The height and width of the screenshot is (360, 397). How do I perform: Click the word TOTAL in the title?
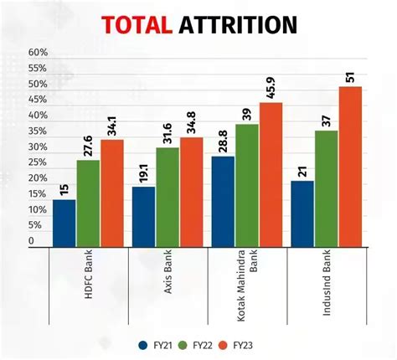point(136,25)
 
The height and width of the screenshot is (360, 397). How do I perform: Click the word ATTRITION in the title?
point(238,25)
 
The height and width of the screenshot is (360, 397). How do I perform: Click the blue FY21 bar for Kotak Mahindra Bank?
point(223,201)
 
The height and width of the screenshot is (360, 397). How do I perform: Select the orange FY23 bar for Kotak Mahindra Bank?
point(271,174)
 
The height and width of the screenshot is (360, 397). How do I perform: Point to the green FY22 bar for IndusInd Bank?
point(327,188)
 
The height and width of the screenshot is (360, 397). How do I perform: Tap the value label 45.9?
point(271,86)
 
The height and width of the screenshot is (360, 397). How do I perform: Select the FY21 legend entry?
point(157,344)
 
